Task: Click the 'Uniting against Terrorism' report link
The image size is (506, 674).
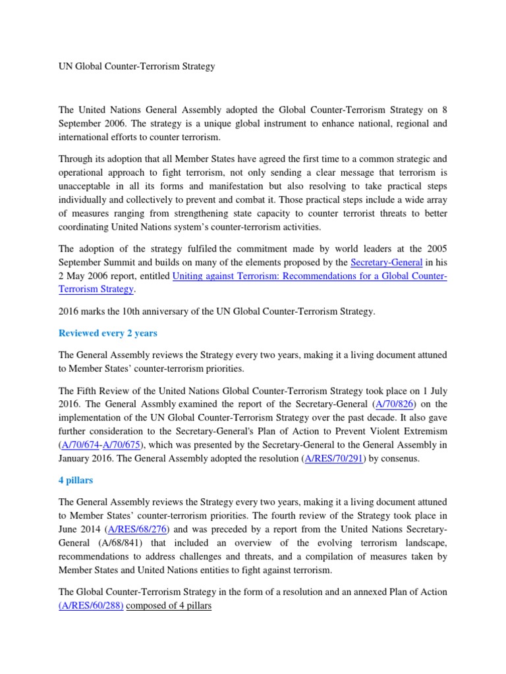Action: [310, 276]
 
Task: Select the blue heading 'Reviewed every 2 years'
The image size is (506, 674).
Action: [108, 333]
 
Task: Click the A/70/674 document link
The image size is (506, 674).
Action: [77, 445]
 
